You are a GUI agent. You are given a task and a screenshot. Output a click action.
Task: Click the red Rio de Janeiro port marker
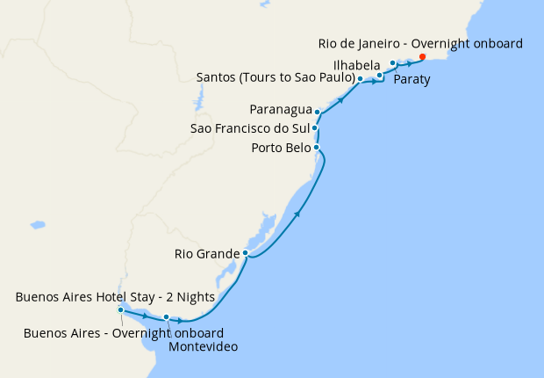click(423, 57)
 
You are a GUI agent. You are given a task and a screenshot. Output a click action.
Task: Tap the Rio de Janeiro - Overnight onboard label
click(420, 43)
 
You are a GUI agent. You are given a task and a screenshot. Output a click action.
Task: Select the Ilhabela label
click(356, 64)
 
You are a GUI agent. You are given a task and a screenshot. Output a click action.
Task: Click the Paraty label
click(412, 79)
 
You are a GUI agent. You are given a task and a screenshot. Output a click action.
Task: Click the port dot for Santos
click(361, 79)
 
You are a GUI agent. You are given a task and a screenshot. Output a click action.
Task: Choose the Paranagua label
click(281, 110)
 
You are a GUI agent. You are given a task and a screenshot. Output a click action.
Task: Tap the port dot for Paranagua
click(318, 113)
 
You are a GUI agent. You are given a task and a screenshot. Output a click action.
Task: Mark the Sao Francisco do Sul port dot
click(314, 128)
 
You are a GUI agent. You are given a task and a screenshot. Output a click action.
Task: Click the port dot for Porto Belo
click(316, 147)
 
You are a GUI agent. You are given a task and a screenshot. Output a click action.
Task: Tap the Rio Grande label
click(206, 255)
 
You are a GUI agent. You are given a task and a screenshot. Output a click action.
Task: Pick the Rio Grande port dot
click(247, 253)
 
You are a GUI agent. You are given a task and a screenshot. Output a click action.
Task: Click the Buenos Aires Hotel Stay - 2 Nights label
click(115, 297)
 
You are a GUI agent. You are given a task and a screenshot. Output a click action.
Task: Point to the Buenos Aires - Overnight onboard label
click(123, 333)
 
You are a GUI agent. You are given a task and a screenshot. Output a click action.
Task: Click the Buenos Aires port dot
click(120, 310)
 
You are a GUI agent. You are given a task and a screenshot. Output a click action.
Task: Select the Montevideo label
click(204, 347)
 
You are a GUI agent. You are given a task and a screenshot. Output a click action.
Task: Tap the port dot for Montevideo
click(166, 317)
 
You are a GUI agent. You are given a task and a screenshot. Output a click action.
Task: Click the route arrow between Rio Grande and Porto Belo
click(299, 214)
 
